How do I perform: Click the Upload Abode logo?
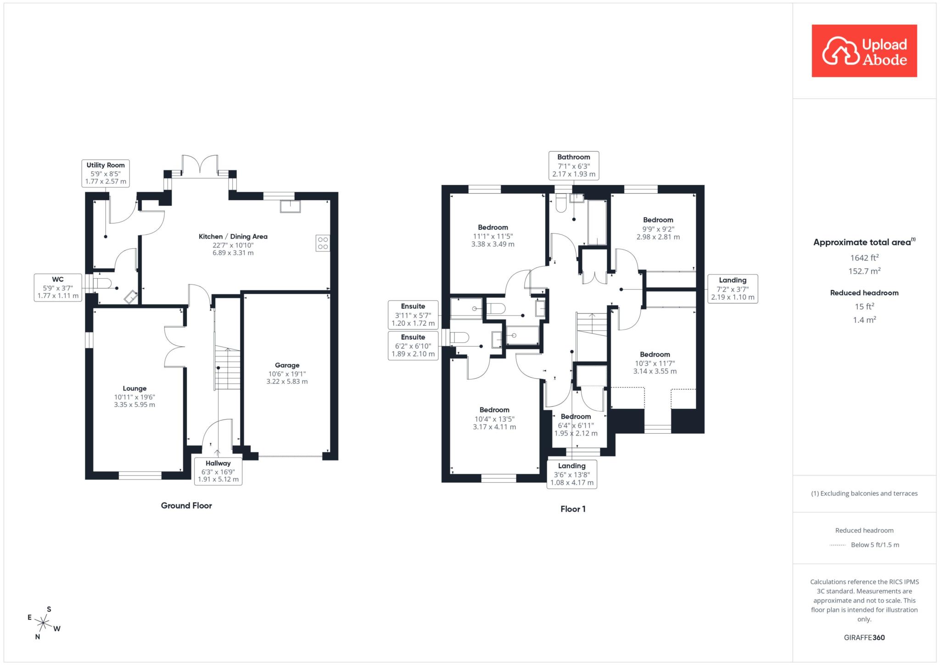[864, 51]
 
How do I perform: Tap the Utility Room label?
[106, 165]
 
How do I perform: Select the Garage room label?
[287, 365]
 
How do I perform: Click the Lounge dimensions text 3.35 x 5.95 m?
[134, 405]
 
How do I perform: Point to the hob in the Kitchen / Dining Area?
[323, 243]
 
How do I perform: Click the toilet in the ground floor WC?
[102, 283]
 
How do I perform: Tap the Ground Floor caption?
[186, 505]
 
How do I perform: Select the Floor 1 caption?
[573, 509]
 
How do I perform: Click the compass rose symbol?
[43, 623]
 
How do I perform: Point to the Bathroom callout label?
[574, 165]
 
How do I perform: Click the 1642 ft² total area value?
[864, 257]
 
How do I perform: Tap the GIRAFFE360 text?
[864, 637]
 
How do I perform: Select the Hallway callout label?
[218, 471]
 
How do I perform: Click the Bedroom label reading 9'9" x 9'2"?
[658, 229]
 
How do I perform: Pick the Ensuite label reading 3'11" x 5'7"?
[413, 314]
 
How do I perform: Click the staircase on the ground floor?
[228, 368]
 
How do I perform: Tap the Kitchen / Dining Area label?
[233, 236]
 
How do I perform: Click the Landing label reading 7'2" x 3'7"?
[733, 289]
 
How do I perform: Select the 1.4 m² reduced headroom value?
[864, 319]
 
